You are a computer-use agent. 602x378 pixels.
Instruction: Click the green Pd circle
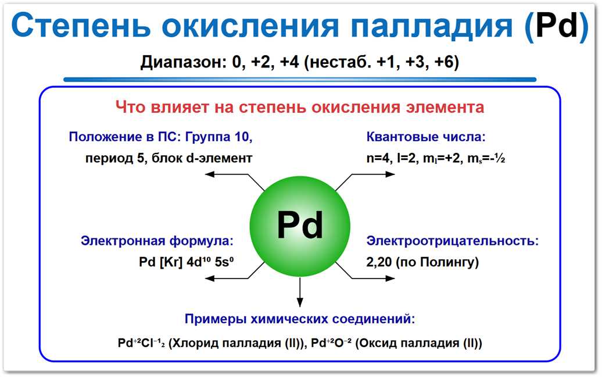tap(300, 225)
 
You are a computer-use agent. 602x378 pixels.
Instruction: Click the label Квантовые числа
tap(425, 137)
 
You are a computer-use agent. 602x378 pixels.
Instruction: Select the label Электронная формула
tap(157, 241)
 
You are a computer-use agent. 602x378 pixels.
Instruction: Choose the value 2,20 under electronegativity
tap(379, 262)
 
